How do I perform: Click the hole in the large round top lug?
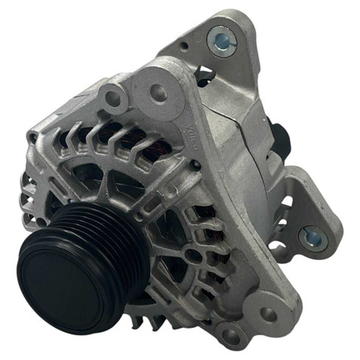click(x=158, y=93)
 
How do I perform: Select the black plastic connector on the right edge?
click(x=282, y=140)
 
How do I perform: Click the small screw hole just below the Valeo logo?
click(x=194, y=164)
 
